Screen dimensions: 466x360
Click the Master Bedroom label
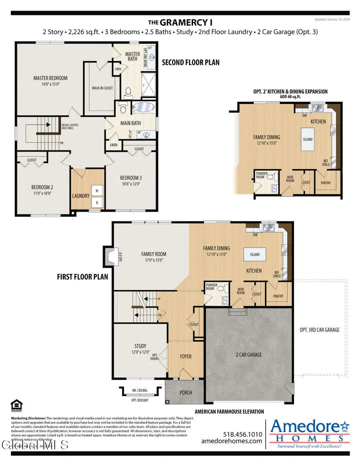pos(50,78)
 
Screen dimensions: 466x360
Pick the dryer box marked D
pos(97,203)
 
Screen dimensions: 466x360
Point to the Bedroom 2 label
pos(42,187)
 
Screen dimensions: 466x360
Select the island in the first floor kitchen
pos(255,254)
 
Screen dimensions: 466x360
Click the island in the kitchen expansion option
pos(308,139)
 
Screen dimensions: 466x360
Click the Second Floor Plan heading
pos(190,63)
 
